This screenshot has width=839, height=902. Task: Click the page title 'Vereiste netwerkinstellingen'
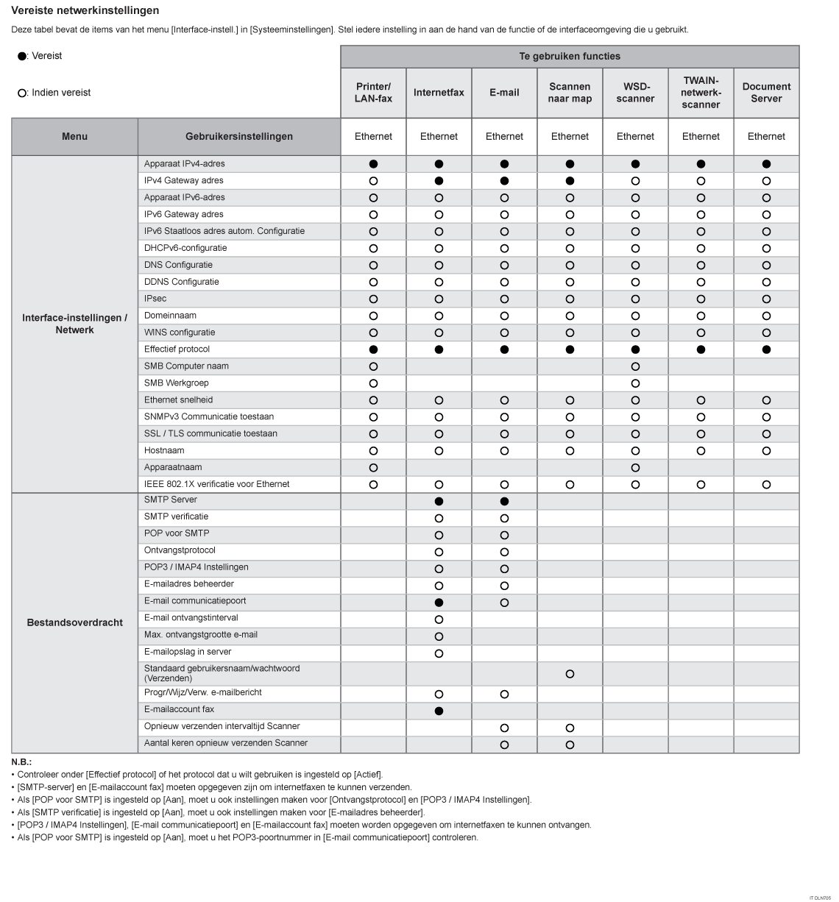85,10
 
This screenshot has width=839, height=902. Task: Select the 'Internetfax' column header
439,93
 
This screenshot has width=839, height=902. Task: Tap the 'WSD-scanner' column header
635,93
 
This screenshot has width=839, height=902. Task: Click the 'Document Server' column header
766,93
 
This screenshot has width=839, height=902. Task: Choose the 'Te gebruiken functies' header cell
570,57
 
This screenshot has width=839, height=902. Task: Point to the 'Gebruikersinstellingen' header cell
239,136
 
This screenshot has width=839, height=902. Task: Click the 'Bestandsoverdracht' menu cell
74,622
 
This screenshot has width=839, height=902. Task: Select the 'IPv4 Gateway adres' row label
184,180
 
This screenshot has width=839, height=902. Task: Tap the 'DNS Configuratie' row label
178,265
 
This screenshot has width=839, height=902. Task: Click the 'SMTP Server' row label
171,500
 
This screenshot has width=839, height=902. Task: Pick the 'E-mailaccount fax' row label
179,709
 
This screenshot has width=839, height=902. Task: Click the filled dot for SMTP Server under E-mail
504,501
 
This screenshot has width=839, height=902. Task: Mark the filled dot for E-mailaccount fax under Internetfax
439,711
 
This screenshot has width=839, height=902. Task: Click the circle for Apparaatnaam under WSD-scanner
635,468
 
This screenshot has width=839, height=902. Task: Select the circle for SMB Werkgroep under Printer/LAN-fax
373,383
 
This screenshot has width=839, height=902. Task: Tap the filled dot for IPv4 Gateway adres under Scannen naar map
570,181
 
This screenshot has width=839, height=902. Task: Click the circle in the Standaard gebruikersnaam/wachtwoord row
570,674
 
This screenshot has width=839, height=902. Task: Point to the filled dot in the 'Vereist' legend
22,57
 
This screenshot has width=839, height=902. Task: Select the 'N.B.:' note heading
21,762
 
